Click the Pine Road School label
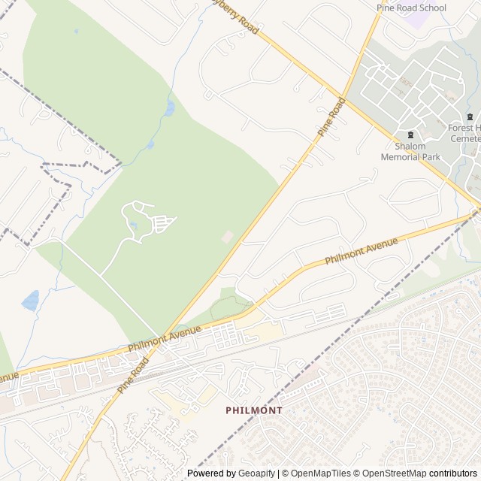pos(411,8)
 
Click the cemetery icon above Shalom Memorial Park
pos(410,135)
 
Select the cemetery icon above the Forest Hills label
pos(470,116)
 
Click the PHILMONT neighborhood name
pos(254,410)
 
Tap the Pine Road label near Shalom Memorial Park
pos(331,116)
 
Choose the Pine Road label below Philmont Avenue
pos(133,374)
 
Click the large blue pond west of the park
pos(30,301)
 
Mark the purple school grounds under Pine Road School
pos(416,20)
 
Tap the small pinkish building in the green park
pos(227,237)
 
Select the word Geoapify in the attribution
pos(255,473)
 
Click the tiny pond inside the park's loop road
pos(133,223)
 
